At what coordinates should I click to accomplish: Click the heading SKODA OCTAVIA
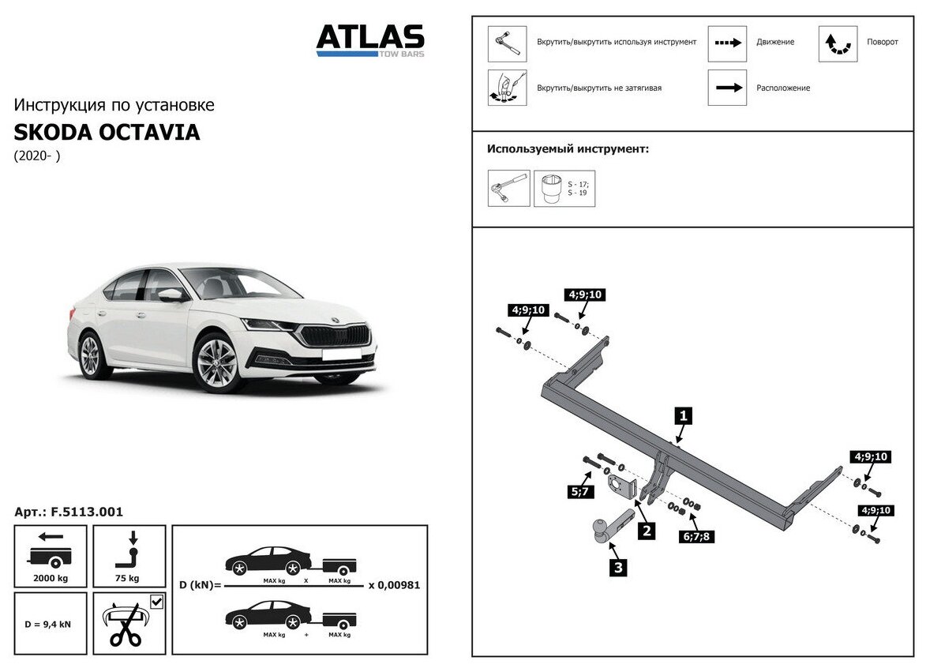[107, 132]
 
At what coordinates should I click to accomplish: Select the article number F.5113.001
[69, 512]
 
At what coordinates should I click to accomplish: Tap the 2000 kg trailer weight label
[51, 578]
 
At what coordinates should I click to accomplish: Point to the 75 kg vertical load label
[129, 578]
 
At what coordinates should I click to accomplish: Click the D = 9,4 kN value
[47, 624]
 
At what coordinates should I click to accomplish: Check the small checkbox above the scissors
[156, 602]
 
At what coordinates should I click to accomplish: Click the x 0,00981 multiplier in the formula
[394, 586]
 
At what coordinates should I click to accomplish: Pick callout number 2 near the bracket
[647, 531]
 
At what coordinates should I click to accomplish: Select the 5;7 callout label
[579, 492]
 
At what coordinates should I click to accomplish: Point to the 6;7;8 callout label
[695, 536]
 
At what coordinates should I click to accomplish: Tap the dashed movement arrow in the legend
[726, 43]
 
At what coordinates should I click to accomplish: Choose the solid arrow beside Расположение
[726, 88]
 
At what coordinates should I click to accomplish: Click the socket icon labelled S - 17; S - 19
[553, 189]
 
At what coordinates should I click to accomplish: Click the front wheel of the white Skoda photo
[216, 363]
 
